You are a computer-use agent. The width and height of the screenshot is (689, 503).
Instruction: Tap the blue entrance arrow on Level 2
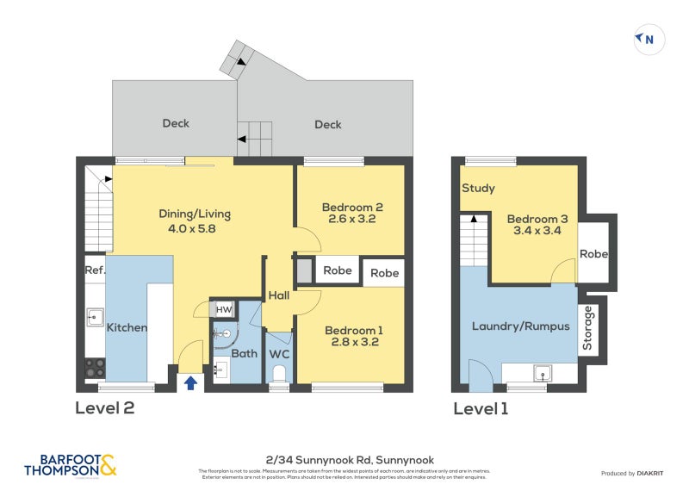point(190,382)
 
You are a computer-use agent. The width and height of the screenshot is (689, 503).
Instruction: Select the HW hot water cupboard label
point(223,310)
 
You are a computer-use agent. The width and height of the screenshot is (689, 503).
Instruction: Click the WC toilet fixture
point(278,373)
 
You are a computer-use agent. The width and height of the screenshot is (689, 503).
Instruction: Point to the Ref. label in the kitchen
point(94,270)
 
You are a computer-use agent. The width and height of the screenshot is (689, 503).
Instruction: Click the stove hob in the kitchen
point(95,369)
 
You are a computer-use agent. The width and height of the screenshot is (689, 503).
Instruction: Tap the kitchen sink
point(95,318)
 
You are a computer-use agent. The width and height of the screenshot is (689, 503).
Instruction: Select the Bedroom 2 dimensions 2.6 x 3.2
point(351,220)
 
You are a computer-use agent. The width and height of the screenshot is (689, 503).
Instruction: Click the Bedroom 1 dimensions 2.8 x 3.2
point(351,342)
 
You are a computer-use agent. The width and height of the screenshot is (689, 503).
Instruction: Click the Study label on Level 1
point(478,188)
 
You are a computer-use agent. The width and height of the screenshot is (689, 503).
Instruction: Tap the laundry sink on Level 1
point(542,373)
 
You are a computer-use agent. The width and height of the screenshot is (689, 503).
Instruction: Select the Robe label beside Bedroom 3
point(594,254)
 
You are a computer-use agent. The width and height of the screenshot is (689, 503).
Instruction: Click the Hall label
point(278,295)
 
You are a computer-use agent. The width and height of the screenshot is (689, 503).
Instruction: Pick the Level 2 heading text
point(105,408)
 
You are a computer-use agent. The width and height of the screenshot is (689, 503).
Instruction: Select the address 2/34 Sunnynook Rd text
point(344,461)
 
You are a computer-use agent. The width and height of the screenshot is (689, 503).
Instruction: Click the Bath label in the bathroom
point(245,353)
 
